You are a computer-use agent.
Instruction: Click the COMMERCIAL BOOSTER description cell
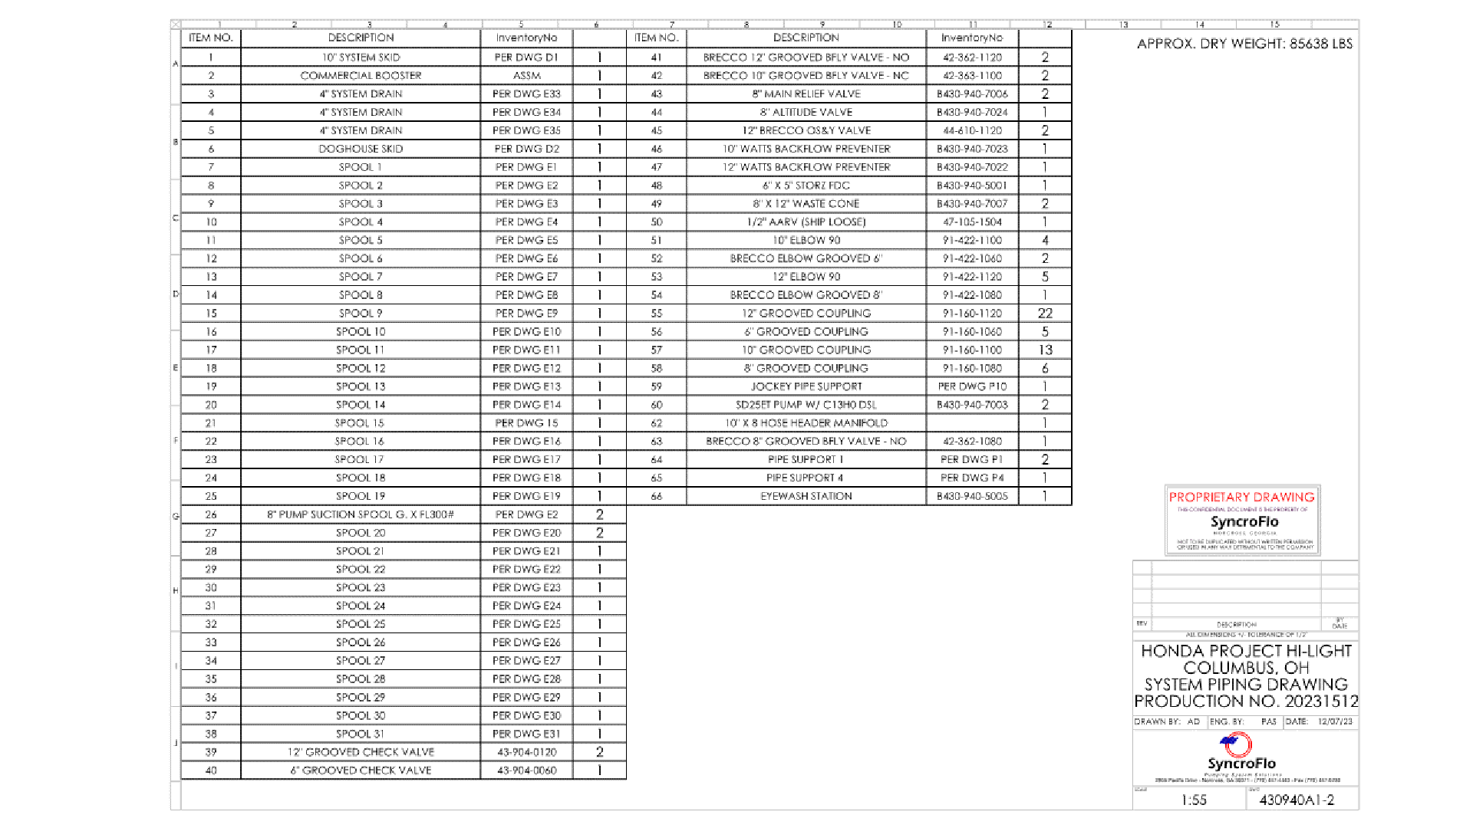pyautogui.click(x=361, y=76)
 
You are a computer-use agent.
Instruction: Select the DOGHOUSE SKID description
pyautogui.click(x=361, y=149)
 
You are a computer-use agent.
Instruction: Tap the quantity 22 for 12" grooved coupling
pyautogui.click(x=1045, y=314)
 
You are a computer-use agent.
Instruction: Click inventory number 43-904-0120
pyautogui.click(x=526, y=752)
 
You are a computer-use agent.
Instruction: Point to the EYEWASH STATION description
pyautogui.click(x=806, y=496)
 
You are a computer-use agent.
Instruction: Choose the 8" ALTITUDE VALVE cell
pyautogui.click(x=806, y=112)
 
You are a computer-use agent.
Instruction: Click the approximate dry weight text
pyautogui.click(x=1244, y=44)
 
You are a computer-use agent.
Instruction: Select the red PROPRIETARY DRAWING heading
pyautogui.click(x=1241, y=497)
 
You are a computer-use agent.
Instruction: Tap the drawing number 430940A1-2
pyautogui.click(x=1297, y=800)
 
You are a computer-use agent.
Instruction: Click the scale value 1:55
pyautogui.click(x=1194, y=800)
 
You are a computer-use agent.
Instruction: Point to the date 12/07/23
pyautogui.click(x=1335, y=721)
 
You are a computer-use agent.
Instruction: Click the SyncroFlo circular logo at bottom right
pyautogui.click(x=1237, y=744)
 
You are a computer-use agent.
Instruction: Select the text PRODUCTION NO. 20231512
pyautogui.click(x=1246, y=701)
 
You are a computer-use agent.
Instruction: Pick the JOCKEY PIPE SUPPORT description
pyautogui.click(x=806, y=386)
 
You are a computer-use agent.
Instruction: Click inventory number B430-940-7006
pyautogui.click(x=972, y=94)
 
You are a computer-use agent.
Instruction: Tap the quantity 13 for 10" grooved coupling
pyautogui.click(x=1045, y=350)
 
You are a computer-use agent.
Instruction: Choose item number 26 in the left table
pyautogui.click(x=211, y=514)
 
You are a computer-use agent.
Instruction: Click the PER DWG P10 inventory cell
pyautogui.click(x=972, y=386)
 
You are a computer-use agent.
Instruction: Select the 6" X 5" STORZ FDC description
pyautogui.click(x=806, y=186)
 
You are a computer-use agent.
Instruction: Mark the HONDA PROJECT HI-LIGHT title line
pyautogui.click(x=1246, y=651)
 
